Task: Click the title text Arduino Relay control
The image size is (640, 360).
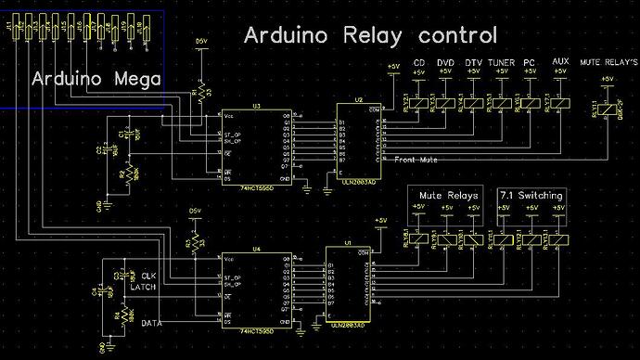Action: click(x=370, y=37)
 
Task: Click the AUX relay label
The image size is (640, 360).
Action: click(x=559, y=62)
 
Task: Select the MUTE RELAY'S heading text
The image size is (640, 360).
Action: click(x=608, y=63)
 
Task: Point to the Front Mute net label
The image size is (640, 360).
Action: click(x=414, y=160)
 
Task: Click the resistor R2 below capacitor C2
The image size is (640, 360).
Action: click(x=123, y=171)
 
